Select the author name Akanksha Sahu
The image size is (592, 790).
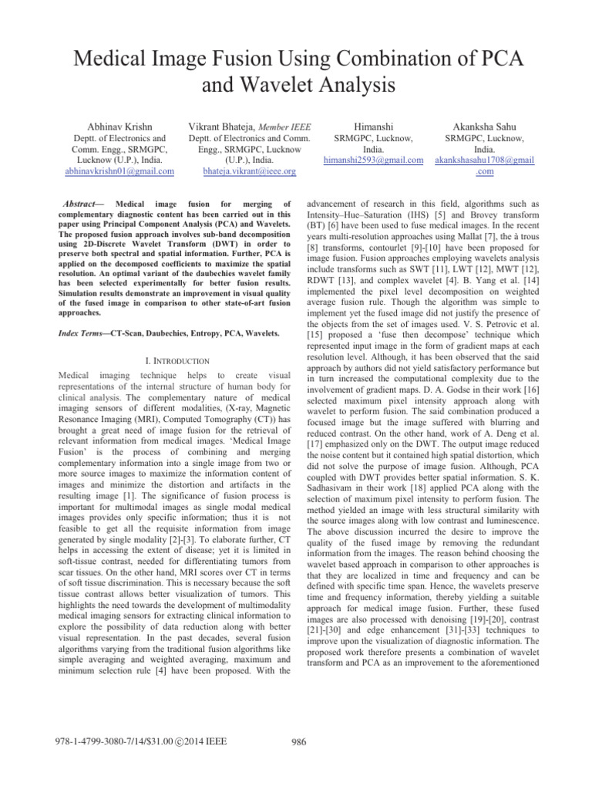485,124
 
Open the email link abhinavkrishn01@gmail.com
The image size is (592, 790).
119,170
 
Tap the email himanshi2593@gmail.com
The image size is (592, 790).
372,159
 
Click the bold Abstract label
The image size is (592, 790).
85,203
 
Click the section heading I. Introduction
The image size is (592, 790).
177,360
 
